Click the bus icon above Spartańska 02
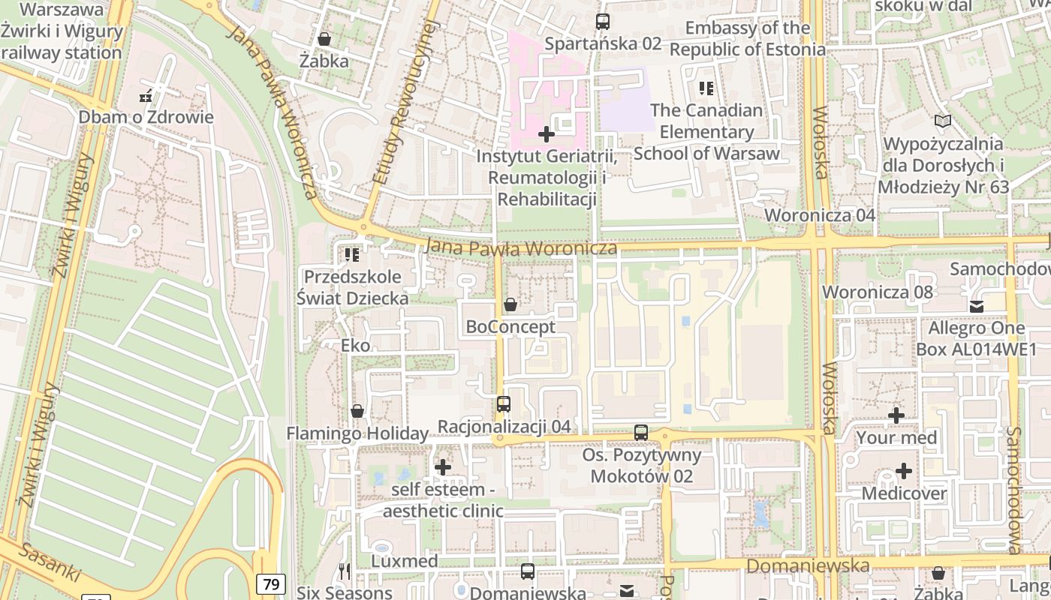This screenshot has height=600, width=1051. pyautogui.click(x=602, y=22)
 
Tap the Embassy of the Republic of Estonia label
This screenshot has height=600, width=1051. pyautogui.click(x=747, y=39)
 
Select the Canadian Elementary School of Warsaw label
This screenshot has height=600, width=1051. pyautogui.click(x=706, y=132)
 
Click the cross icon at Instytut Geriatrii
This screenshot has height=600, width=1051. pyautogui.click(x=547, y=135)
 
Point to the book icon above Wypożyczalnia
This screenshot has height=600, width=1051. pyautogui.click(x=942, y=121)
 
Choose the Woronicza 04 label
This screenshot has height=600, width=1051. pyautogui.click(x=820, y=215)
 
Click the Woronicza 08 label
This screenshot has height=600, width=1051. pyautogui.click(x=878, y=292)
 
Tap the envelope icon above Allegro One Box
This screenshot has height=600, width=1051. pyautogui.click(x=976, y=306)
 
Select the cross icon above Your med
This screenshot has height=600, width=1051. pyautogui.click(x=896, y=415)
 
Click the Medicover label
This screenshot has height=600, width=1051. pyautogui.click(x=904, y=493)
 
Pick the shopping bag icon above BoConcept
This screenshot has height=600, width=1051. pyautogui.click(x=510, y=304)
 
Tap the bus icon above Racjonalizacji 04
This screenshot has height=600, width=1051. pyautogui.click(x=504, y=404)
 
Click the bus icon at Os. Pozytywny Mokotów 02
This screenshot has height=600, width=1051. pyautogui.click(x=640, y=433)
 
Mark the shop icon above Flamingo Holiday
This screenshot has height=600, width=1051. pyautogui.click(x=357, y=412)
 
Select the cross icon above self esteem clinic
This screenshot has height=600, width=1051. pyautogui.click(x=443, y=467)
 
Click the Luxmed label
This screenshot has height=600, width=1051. pyautogui.click(x=405, y=561)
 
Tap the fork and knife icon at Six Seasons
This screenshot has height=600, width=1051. pyautogui.click(x=344, y=571)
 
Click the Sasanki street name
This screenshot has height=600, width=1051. pyautogui.click(x=50, y=562)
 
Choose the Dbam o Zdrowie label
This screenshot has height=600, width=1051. pyautogui.click(x=146, y=117)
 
